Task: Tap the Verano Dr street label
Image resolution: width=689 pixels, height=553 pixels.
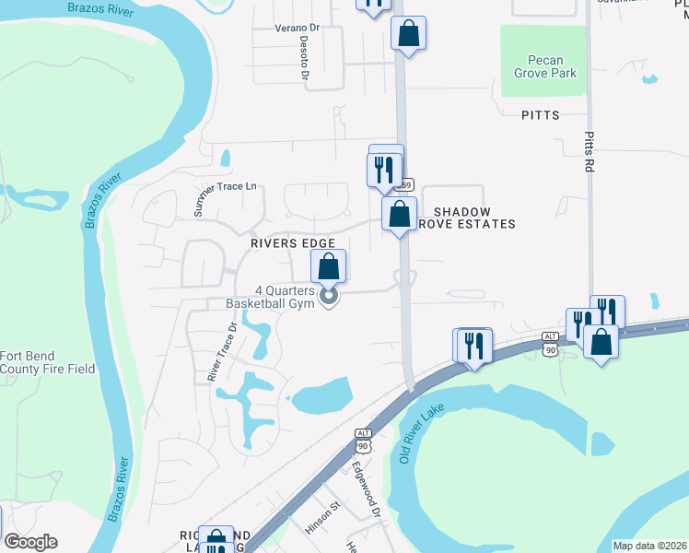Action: point(297,28)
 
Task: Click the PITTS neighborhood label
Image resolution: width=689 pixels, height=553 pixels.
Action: point(540,115)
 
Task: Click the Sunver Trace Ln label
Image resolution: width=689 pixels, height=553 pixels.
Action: point(224,199)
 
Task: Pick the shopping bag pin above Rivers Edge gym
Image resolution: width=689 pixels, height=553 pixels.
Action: point(329,267)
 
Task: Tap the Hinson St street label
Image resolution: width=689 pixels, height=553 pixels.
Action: point(323,519)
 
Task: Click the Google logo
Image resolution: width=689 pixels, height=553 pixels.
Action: point(31,542)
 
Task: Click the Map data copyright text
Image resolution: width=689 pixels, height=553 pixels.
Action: point(649,546)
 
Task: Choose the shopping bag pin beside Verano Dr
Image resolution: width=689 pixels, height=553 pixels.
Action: point(408,35)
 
